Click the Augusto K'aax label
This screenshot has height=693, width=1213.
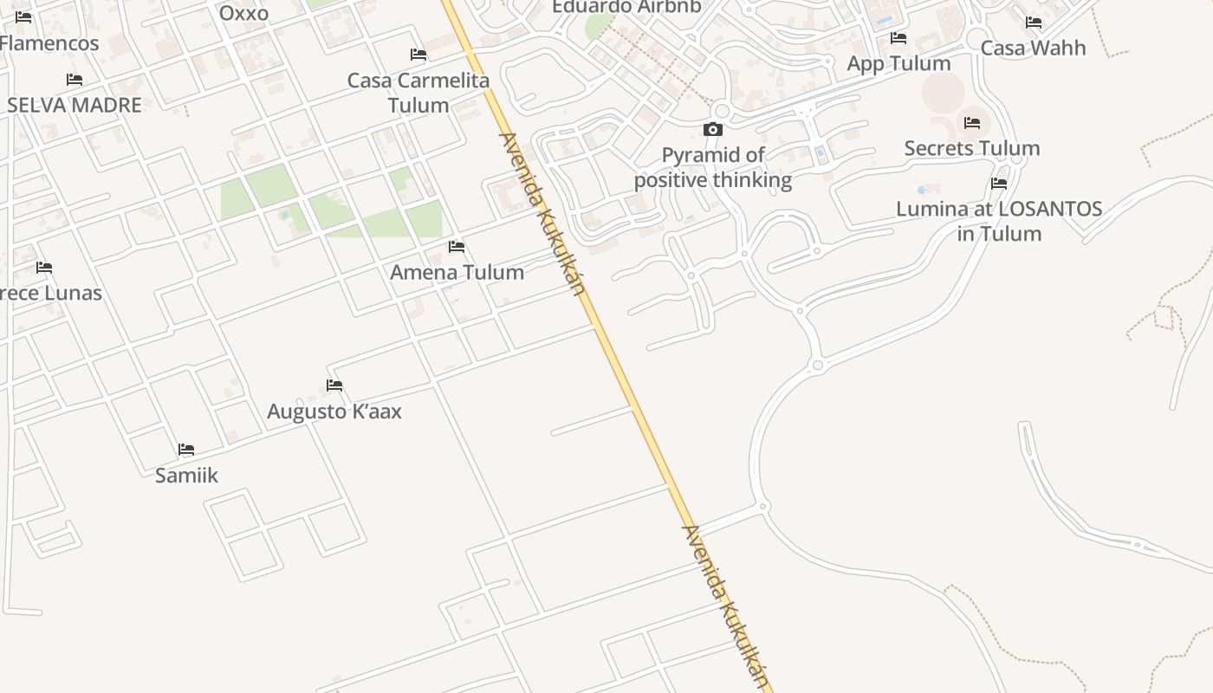pos(334,411)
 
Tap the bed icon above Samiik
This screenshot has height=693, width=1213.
pos(186,450)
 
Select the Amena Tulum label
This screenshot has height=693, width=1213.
pos(457,272)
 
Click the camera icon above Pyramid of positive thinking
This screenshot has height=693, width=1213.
pos(713,130)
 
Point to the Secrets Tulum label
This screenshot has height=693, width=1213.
pos(972,148)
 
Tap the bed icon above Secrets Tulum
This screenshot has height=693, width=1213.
pos(972,123)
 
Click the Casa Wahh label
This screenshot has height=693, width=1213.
pos(1033,48)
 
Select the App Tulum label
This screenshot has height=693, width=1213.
pos(898,63)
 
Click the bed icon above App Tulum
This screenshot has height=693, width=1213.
pos(898,38)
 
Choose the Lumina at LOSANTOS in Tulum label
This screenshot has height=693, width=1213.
pos(999,221)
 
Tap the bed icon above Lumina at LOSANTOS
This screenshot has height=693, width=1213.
pos(999,184)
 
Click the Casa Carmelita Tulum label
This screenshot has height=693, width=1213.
pos(418,93)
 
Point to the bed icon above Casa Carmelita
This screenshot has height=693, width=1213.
pos(418,55)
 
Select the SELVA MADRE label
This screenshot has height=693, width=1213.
pos(75,105)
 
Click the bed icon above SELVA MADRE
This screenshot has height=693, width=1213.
pos(75,80)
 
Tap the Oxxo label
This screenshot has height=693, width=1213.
pos(243,13)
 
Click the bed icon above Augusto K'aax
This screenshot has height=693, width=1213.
pos(334,385)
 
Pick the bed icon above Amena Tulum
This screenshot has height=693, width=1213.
pos(457,247)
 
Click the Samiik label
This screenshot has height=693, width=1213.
pos(186,475)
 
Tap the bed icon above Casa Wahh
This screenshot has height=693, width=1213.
pos(1034,23)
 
